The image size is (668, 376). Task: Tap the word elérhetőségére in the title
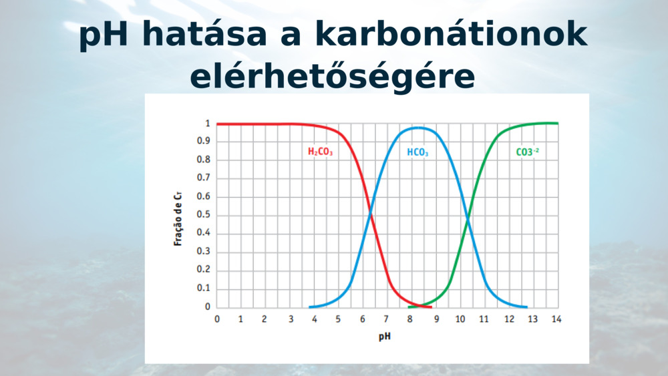(333, 77)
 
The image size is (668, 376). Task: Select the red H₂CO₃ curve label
(320, 152)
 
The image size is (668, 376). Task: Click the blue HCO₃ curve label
(417, 152)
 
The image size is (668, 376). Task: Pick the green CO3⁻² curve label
(527, 152)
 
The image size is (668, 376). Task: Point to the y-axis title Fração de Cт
(178, 218)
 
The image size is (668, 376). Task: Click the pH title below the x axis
(385, 336)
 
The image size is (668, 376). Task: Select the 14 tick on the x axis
(556, 319)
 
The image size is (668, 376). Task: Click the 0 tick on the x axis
(217, 319)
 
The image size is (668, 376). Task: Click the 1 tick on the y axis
(208, 124)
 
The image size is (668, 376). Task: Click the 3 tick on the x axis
(290, 319)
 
